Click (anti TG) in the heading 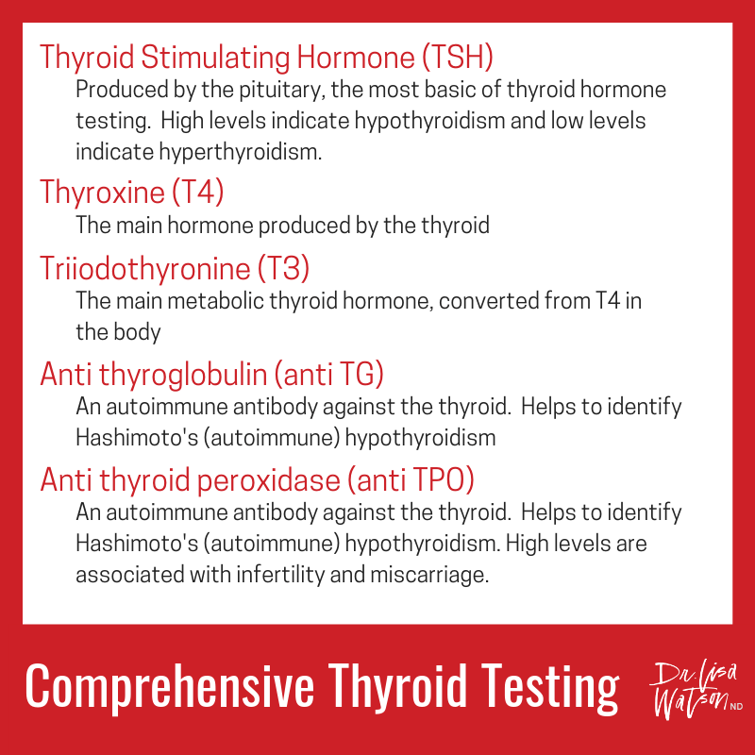coord(327,375)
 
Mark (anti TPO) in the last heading coord(411,480)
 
